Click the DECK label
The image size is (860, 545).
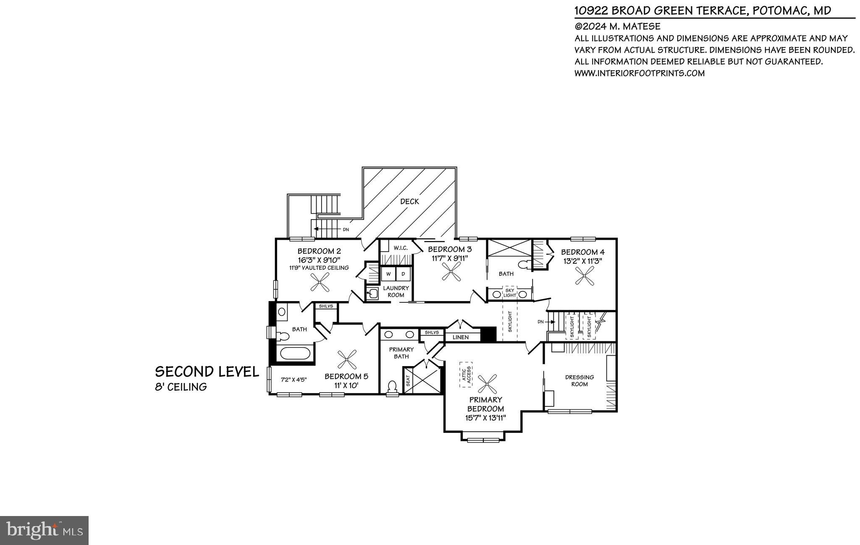pyautogui.click(x=409, y=202)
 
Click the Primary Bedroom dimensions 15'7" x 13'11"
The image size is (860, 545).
pyautogui.click(x=485, y=418)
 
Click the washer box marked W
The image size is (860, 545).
pyautogui.click(x=388, y=274)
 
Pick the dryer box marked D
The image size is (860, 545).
pyautogui.click(x=404, y=274)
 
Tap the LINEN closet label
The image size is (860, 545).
pyautogui.click(x=460, y=337)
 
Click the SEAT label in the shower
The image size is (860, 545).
pyautogui.click(x=408, y=381)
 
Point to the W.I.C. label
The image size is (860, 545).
pyautogui.click(x=400, y=248)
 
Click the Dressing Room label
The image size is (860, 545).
pyautogui.click(x=579, y=380)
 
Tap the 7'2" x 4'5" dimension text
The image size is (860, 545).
pyautogui.click(x=294, y=380)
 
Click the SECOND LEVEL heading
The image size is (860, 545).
pyautogui.click(x=207, y=372)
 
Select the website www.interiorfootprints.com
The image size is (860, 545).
pyautogui.click(x=639, y=73)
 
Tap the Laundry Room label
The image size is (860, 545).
pyautogui.click(x=396, y=291)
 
